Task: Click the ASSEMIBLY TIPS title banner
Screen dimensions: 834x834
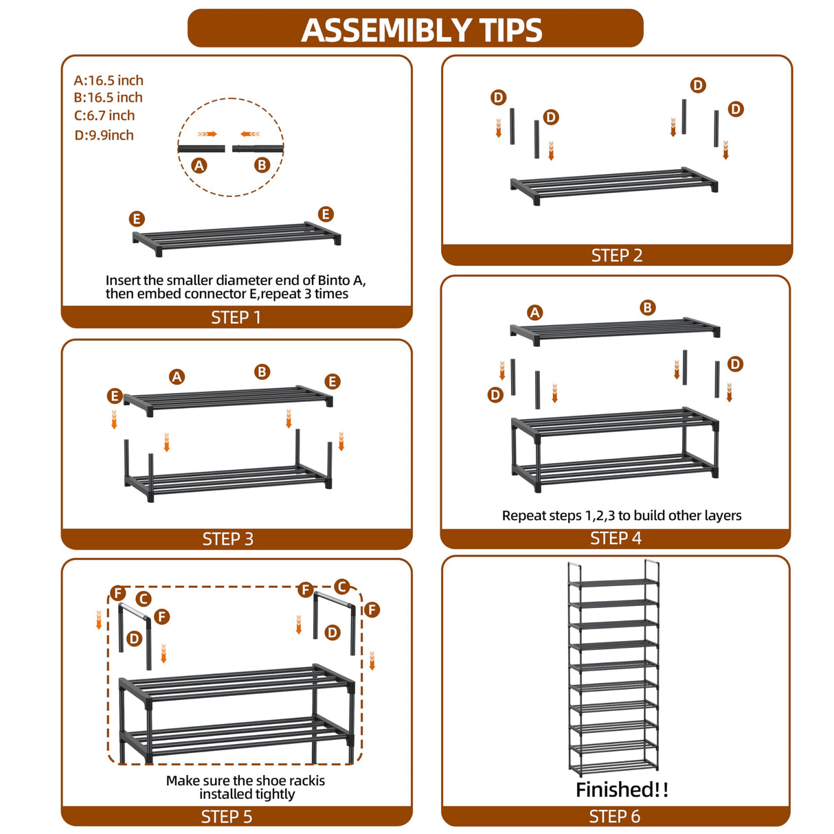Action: pos(415,28)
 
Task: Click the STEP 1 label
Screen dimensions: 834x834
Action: pos(236,317)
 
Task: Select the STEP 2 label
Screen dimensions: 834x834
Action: pos(617,256)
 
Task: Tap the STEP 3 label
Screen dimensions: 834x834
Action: pos(227,539)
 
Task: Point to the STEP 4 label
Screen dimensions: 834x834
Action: pos(616,538)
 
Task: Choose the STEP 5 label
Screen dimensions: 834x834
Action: pos(226,817)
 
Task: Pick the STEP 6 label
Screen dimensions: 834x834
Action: pos(614,816)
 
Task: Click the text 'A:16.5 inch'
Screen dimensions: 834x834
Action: pos(108,80)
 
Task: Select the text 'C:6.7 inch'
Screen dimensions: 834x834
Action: pos(104,115)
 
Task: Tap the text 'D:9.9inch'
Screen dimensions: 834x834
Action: pos(104,135)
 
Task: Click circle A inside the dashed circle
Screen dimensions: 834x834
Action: pos(199,166)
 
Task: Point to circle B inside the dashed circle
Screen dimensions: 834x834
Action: pos(262,165)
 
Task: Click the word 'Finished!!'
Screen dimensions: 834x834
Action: pos(622,789)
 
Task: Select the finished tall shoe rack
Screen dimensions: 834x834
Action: pos(613,668)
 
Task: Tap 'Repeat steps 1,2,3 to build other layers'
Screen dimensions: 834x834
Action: pos(622,515)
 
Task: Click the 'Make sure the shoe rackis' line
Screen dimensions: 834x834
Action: pos(245,780)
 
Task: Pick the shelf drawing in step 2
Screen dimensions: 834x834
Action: pos(613,185)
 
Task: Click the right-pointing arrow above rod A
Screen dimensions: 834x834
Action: pos(207,134)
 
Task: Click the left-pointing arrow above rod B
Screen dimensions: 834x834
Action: pos(251,134)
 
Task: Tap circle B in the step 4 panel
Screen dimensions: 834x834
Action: pos(647,308)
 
